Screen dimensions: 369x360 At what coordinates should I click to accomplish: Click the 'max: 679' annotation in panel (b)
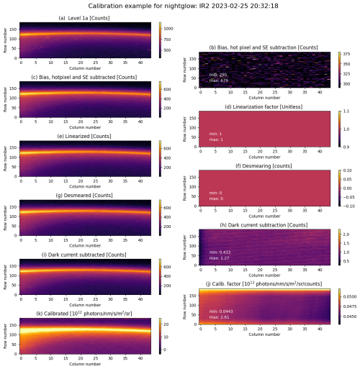219,81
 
